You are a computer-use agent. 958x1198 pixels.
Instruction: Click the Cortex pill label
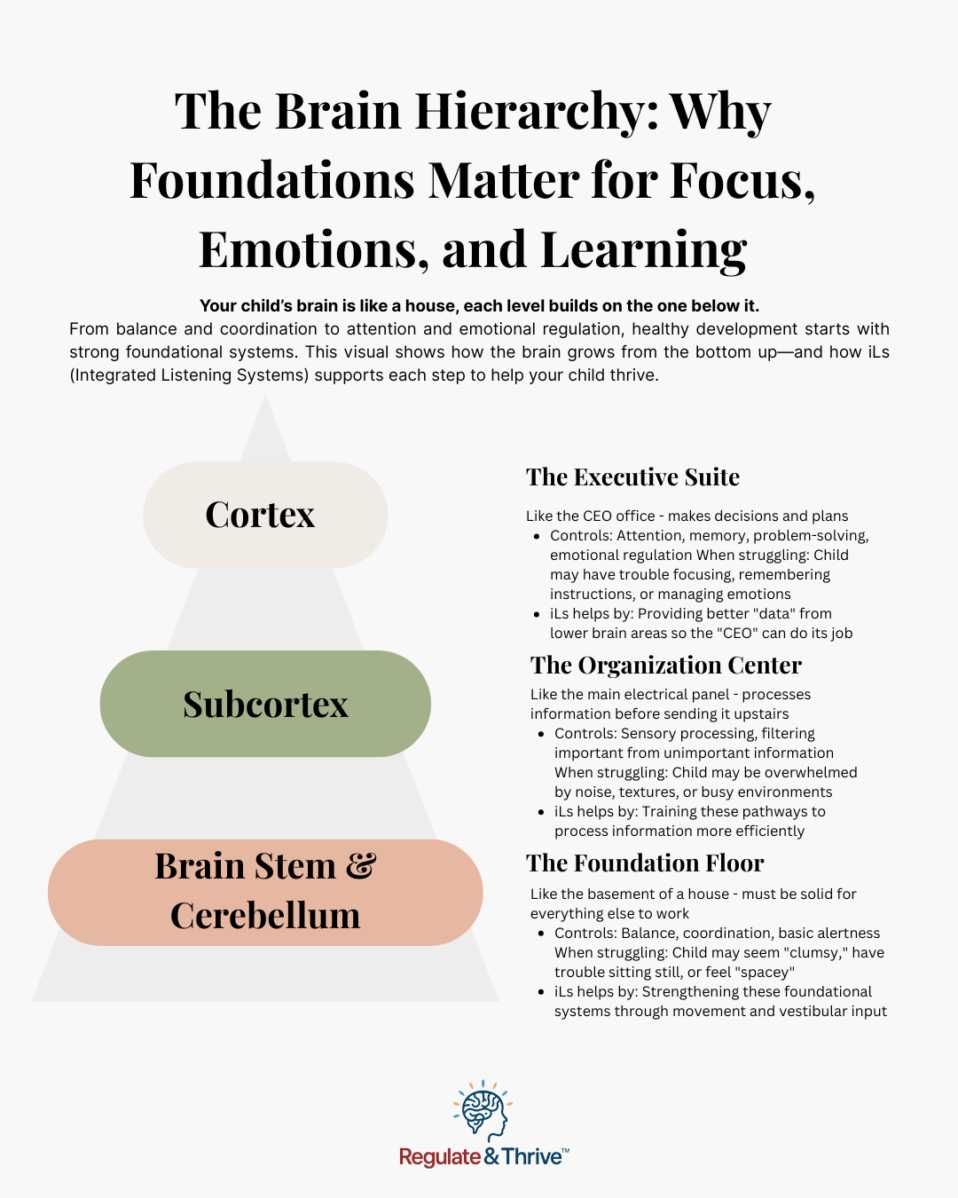pos(264,515)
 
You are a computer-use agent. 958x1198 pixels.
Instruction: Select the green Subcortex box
pos(265,704)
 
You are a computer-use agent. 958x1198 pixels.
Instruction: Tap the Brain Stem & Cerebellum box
pos(265,892)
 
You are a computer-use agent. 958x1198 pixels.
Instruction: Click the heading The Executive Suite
pos(632,477)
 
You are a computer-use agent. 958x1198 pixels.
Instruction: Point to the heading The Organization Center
pos(665,666)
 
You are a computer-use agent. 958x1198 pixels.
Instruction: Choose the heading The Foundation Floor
pos(645,863)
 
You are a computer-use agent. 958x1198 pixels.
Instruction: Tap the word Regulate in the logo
pos(440,1157)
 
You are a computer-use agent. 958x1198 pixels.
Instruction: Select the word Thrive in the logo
pos(532,1157)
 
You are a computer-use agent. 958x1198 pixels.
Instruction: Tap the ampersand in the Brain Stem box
pos(361,866)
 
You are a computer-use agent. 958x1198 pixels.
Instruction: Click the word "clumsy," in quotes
pos(816,953)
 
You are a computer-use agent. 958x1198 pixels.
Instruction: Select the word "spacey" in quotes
pos(765,973)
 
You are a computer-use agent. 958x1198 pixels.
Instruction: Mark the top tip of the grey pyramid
pos(265,398)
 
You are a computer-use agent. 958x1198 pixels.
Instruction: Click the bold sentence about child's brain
pos(479,306)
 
